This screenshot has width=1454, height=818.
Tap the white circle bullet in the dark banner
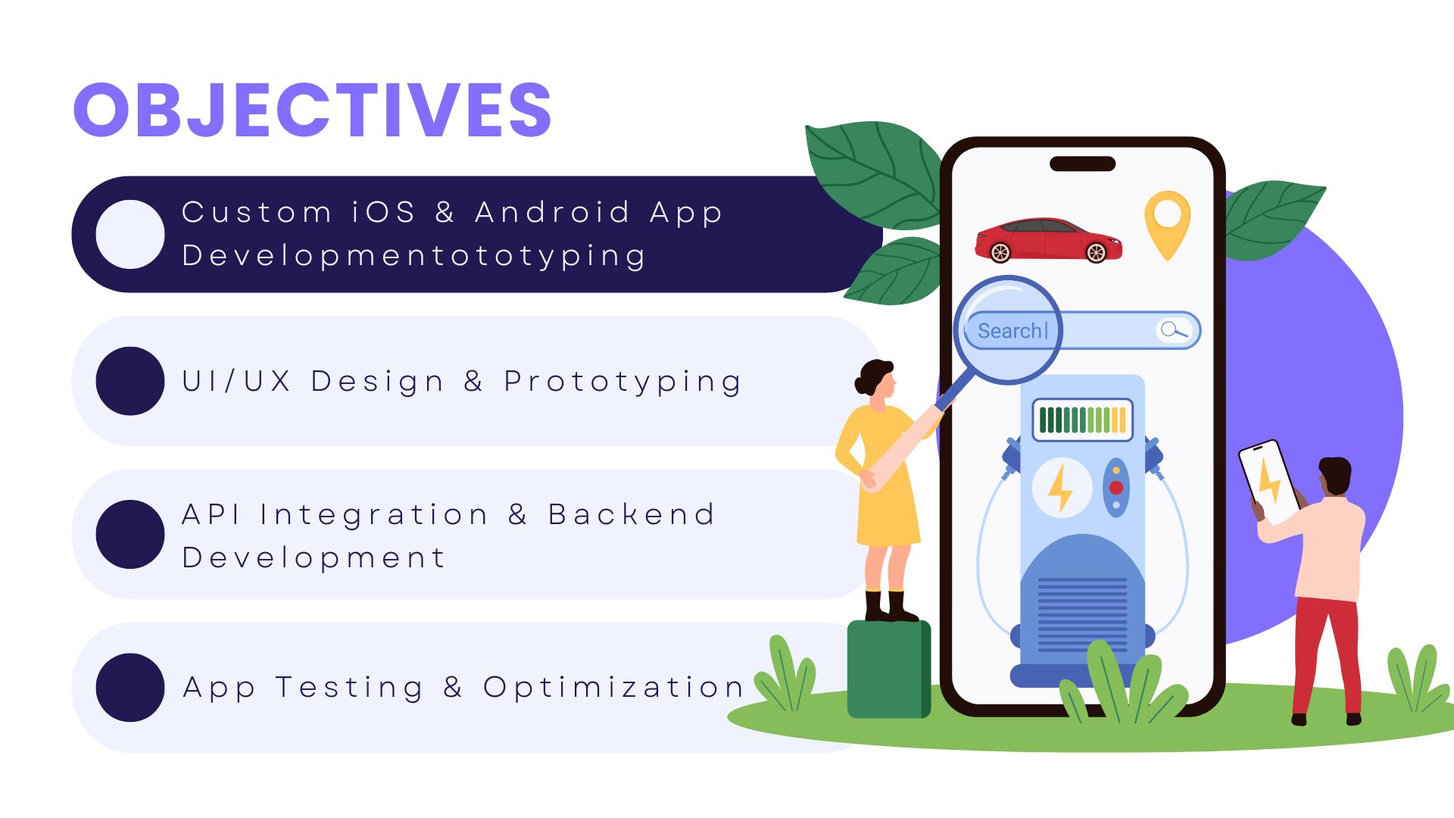[130, 234]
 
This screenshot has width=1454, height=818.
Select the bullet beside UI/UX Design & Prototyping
[130, 381]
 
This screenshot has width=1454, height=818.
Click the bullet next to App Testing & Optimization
[130, 687]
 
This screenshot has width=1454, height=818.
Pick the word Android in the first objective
[553, 212]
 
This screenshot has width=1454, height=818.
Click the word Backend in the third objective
[632, 514]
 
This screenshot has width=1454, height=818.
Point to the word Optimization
[613, 688]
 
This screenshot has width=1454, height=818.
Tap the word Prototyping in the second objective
[622, 382]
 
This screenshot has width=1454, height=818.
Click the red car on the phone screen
[1048, 239]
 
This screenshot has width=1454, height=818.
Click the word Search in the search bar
[1010, 331]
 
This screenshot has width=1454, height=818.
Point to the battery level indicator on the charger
[1082, 420]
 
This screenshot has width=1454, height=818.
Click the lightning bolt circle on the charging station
[1061, 487]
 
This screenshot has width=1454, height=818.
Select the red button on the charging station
[1116, 487]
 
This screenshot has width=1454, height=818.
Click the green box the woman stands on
[888, 669]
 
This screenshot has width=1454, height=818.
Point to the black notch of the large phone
[1082, 164]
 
